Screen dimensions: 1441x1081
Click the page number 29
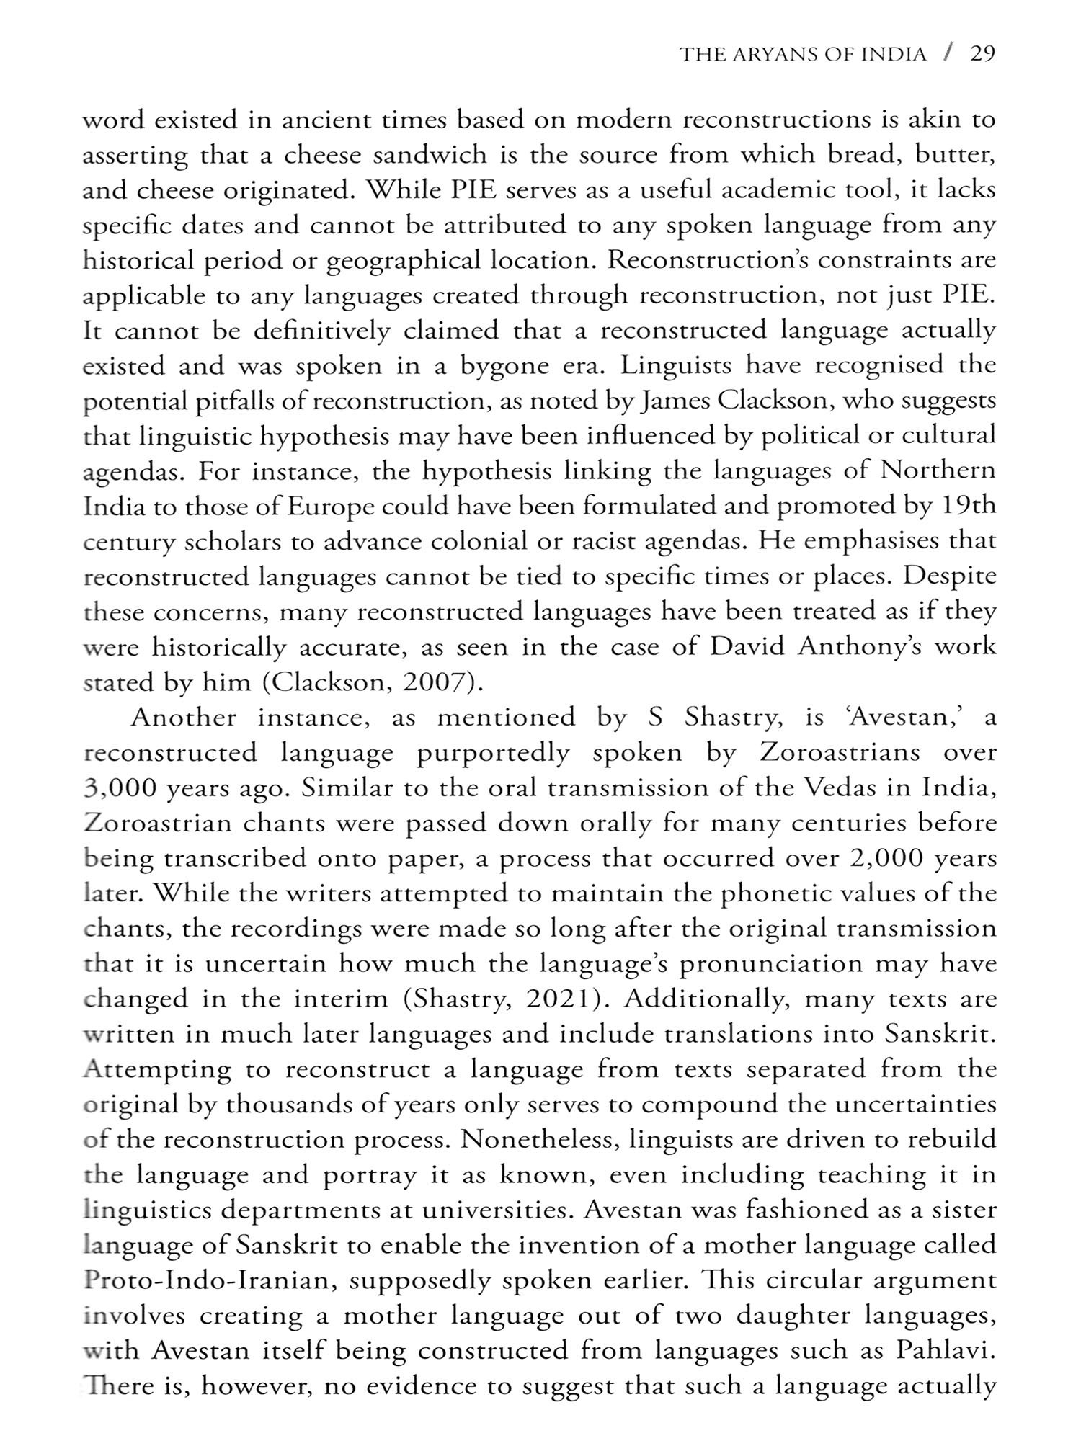[982, 54]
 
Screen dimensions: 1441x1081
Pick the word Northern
[938, 471]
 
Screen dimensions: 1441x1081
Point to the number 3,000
[119, 788]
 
